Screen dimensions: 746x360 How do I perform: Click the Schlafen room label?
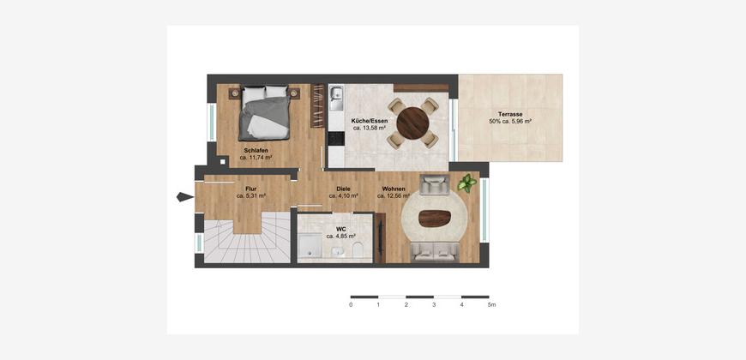(256, 151)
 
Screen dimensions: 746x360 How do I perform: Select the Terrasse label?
(510, 115)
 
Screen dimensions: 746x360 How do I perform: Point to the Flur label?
(251, 189)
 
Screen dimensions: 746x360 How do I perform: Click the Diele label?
(344, 189)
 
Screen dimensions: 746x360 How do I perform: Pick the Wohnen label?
(392, 189)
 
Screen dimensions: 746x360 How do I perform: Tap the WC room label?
(340, 229)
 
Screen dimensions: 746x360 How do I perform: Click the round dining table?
(412, 123)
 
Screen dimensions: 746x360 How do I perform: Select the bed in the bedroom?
(264, 113)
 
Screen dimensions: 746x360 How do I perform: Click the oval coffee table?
(435, 219)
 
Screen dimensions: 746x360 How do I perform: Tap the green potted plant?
(466, 183)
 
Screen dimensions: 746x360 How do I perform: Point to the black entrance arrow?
(185, 196)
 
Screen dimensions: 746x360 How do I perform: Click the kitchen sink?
(336, 98)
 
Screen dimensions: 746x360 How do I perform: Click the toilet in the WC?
(358, 249)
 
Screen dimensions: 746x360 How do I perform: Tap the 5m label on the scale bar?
(492, 305)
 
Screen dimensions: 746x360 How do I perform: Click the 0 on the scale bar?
(351, 305)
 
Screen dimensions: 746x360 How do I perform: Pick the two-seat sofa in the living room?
(435, 252)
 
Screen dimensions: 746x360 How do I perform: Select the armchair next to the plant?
(435, 184)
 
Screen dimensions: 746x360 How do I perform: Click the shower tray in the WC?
(310, 248)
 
